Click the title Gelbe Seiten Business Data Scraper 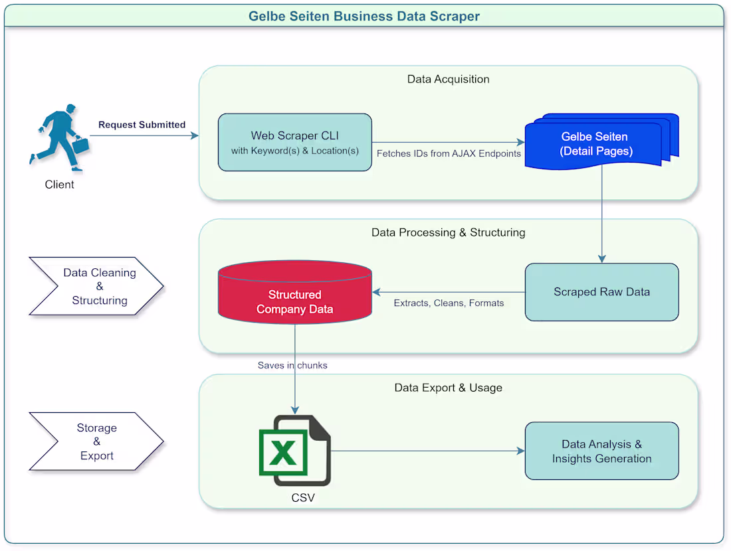(364, 16)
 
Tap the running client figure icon (59, 137)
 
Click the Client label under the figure (59, 185)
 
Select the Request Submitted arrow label (142, 125)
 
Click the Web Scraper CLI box (294, 143)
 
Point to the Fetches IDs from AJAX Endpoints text (449, 154)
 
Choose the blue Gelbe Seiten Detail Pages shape (596, 144)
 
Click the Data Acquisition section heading (448, 80)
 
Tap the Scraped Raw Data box (601, 292)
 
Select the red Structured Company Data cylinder (294, 292)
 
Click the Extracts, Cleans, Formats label (449, 303)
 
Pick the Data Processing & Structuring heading (448, 233)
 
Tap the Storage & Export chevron (97, 441)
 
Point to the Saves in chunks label (292, 365)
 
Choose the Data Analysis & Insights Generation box (601, 451)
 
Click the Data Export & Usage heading (448, 388)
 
